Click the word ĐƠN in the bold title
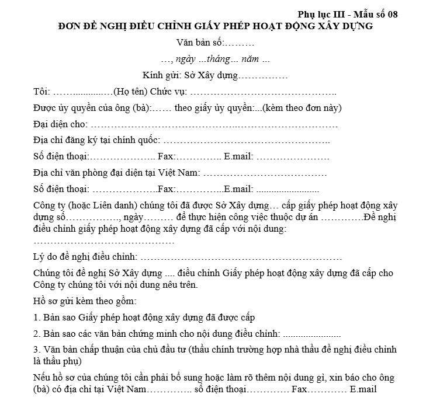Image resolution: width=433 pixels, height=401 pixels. pos(71,26)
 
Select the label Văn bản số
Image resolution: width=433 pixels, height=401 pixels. pos(200,43)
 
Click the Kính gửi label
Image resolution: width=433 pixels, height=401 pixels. pos(162,76)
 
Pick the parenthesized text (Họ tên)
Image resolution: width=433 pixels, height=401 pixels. pos(131,92)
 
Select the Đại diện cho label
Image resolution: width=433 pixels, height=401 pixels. pos(60,124)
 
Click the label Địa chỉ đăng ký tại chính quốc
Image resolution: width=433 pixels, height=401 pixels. pos(96,141)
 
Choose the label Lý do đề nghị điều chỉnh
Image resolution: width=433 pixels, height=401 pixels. pos(85,256)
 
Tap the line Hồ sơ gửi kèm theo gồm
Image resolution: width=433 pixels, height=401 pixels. pos(85,301)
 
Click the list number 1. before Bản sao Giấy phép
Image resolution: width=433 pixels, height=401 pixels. pos(37,318)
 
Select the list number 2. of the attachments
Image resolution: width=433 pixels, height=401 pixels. pos(37,334)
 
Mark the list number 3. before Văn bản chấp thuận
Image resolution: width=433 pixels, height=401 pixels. pos(37,350)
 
